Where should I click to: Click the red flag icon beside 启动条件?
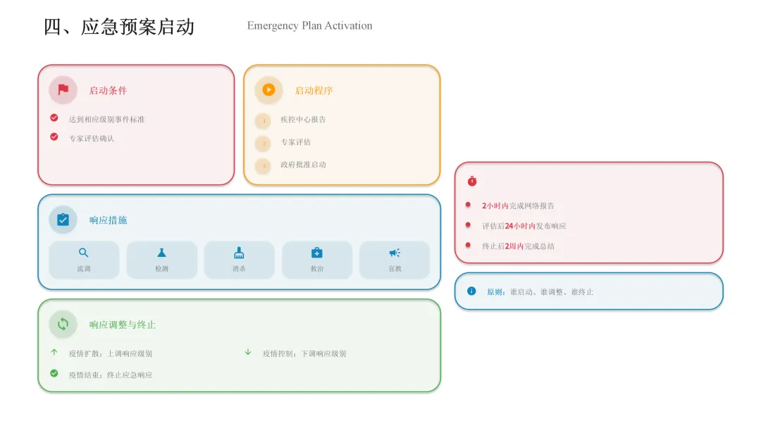pos(63,90)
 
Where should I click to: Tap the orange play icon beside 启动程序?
pos(268,90)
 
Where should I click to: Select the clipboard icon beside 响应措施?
pos(63,220)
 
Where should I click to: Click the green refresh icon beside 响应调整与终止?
pos(63,324)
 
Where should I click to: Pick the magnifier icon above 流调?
pos(84,253)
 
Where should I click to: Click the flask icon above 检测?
pos(161,253)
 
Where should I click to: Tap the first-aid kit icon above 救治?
pos(316,253)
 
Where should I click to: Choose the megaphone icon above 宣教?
pos(395,253)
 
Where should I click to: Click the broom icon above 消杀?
pos(239,253)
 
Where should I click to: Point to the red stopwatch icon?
pos(472,181)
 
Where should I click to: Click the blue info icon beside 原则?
pos(471,291)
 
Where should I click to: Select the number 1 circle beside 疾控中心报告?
pos(264,121)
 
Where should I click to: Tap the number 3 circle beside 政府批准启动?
pos(264,166)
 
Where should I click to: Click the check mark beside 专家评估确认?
pos(54,137)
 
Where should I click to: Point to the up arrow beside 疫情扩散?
pos(54,352)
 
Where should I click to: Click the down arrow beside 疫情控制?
pos(248,352)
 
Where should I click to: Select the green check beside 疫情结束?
pos(54,373)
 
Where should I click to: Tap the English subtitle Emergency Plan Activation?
pos(309,26)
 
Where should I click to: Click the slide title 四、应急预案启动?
pos(119,27)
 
